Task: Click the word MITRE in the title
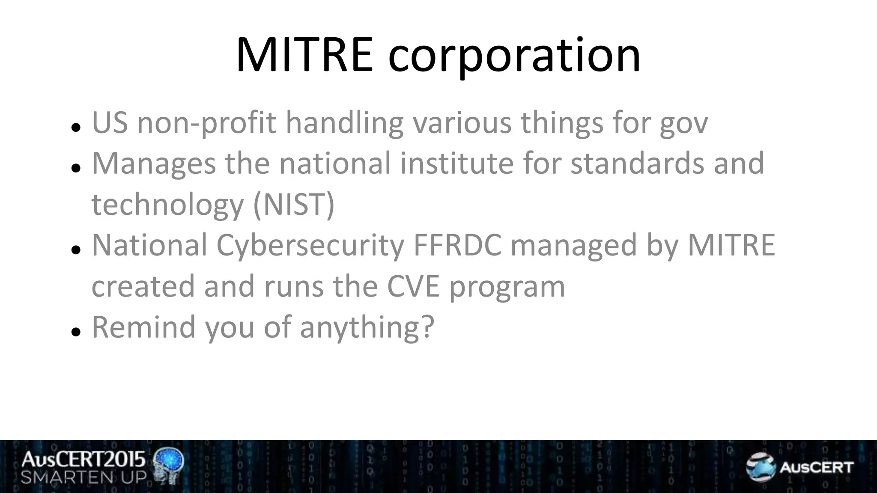pos(304,56)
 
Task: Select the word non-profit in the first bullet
pos(206,123)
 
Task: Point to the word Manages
pos(154,164)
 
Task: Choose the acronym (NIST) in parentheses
pos(294,205)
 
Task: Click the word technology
pos(167,205)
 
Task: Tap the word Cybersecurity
pos(310,246)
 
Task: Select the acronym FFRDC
pos(457,245)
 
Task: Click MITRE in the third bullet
pos(731,245)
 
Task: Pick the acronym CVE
pos(413,286)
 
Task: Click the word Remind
pos(143,327)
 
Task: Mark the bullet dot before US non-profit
pos(76,127)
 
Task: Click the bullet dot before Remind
pos(76,331)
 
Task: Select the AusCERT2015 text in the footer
pos(84,460)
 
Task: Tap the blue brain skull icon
pos(169,465)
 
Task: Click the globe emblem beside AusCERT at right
pos(760,466)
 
